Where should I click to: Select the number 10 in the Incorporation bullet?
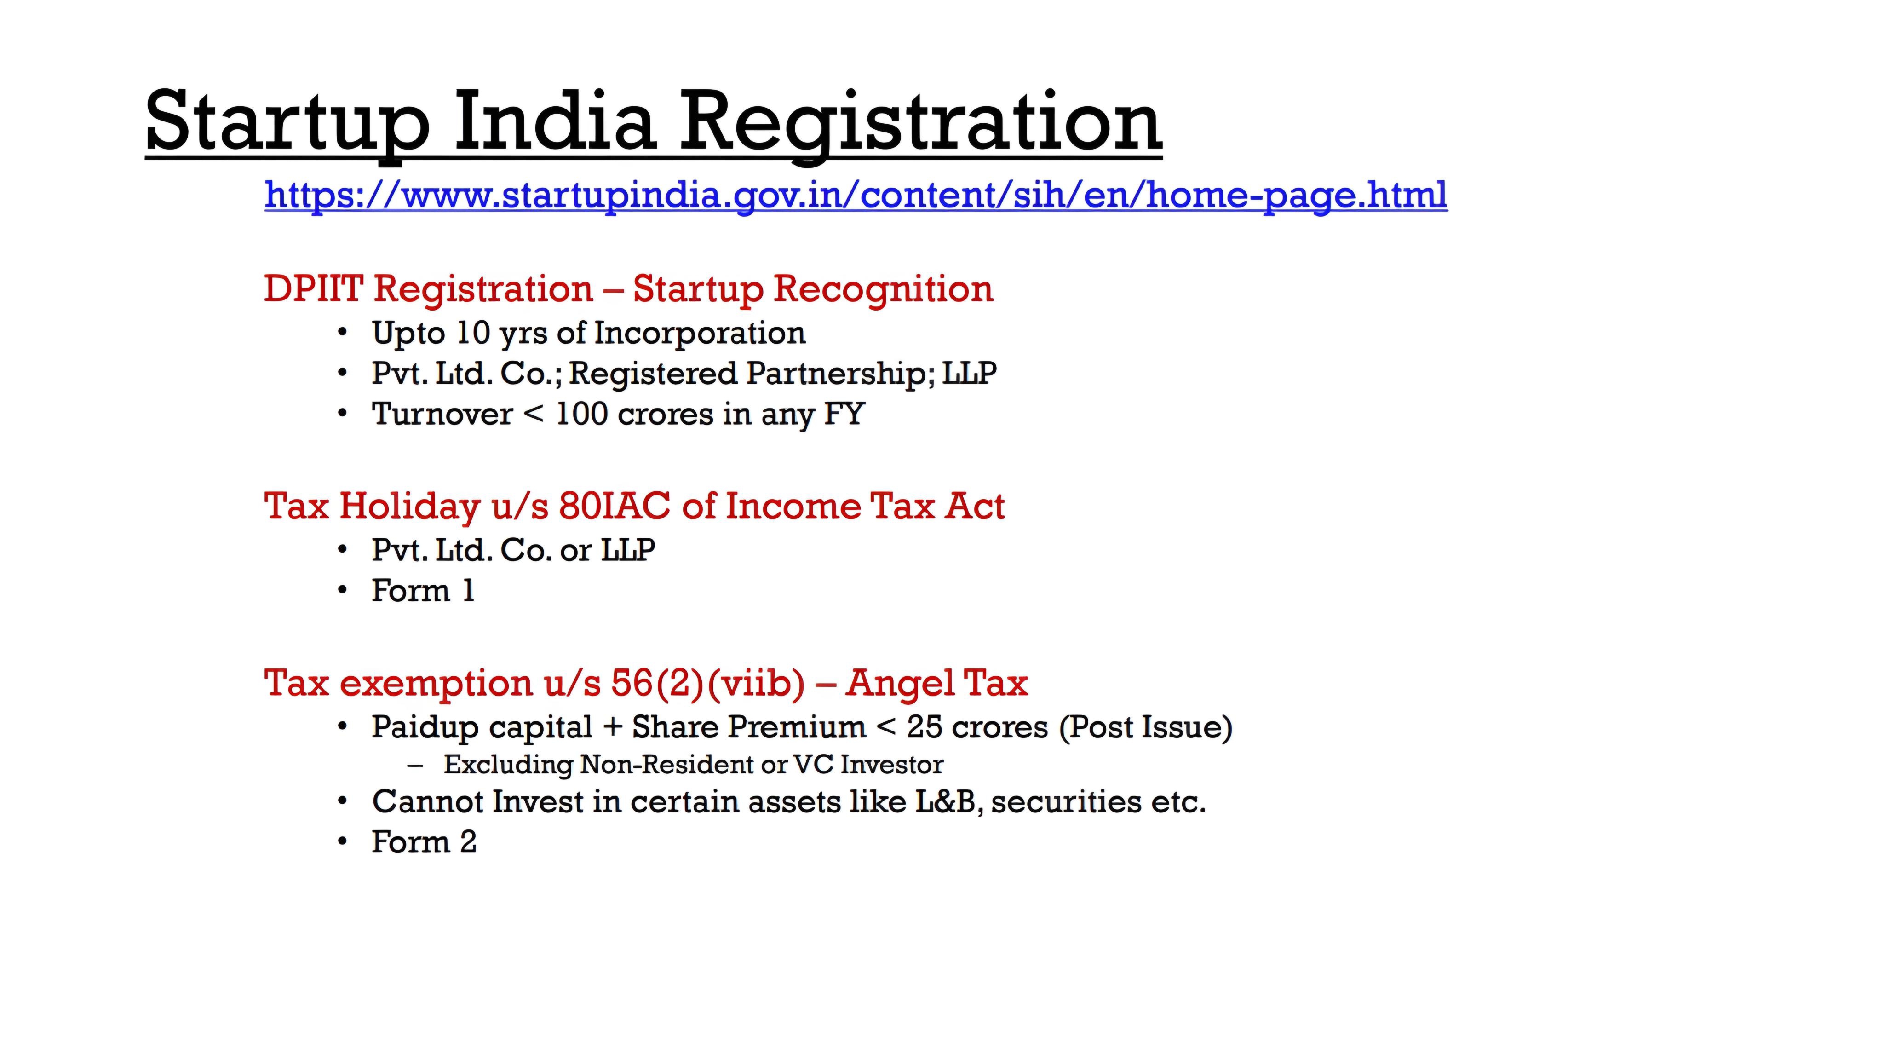click(473, 333)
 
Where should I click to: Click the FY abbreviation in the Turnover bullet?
click(845, 414)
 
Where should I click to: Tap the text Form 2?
click(424, 842)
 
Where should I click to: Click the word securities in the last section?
click(1066, 801)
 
